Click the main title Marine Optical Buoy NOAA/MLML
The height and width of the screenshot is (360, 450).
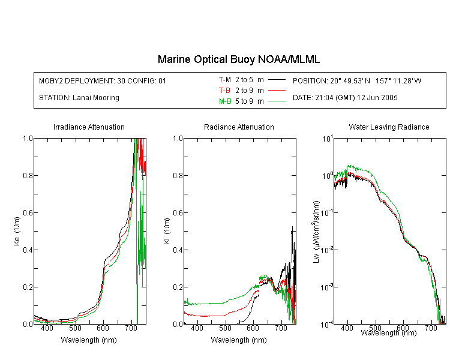pos(238,59)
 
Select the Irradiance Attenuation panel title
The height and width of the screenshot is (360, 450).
pos(89,127)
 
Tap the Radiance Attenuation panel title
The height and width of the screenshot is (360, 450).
pos(239,127)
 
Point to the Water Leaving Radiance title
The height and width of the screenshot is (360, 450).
pos(389,127)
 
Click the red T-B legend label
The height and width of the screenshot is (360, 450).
pos(224,91)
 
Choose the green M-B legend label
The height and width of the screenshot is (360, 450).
pos(225,101)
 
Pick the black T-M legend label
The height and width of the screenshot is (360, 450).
pos(225,80)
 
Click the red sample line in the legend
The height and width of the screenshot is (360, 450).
pos(277,91)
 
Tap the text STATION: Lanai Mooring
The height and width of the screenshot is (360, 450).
pos(79,98)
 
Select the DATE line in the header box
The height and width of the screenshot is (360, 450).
pos(345,98)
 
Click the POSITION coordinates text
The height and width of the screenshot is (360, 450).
pos(357,80)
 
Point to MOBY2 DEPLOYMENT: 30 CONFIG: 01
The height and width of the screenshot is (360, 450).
pos(103,80)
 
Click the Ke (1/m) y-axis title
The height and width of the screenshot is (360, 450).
pos(17,231)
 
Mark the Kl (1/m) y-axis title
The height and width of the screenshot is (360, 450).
pos(166,232)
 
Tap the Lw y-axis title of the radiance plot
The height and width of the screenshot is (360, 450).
pos(316,232)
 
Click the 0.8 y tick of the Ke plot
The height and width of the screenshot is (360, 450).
pos(28,175)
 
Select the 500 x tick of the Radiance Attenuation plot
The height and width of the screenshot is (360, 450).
pos(225,328)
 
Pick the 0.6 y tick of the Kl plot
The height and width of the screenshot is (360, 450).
pos(178,213)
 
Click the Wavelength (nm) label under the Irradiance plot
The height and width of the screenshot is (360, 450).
pos(89,340)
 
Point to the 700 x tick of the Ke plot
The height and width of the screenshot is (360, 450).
pos(131,328)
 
